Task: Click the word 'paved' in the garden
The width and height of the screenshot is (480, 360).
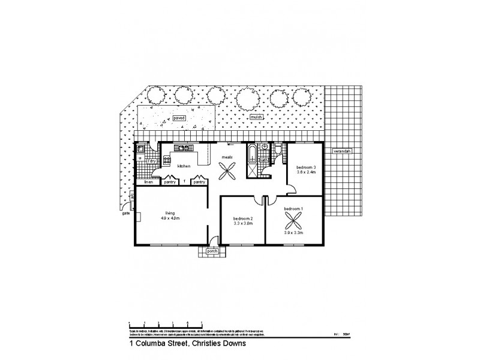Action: (179, 118)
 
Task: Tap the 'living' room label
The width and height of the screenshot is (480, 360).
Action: (170, 212)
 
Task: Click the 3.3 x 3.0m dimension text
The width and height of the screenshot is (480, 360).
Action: (243, 223)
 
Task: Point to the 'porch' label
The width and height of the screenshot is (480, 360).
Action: (212, 251)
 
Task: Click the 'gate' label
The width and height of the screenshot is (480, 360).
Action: (126, 212)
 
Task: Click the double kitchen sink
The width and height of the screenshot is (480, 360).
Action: (183, 148)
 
